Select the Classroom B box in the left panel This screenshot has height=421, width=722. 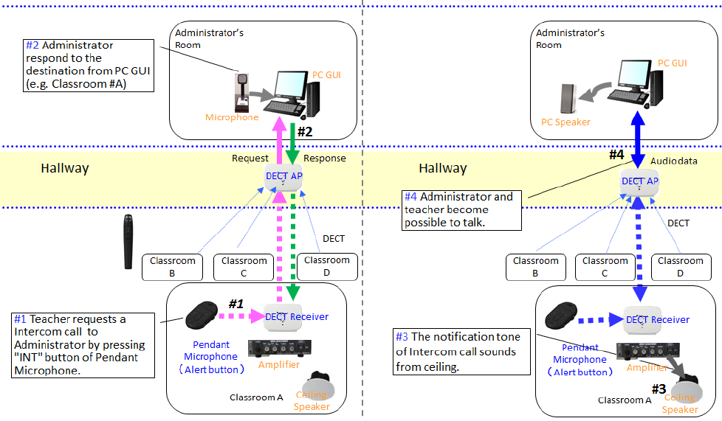tap(172, 266)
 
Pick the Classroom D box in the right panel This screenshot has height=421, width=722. tap(680, 266)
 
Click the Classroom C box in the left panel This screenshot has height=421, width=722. tap(244, 266)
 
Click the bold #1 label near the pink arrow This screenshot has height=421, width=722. tap(235, 304)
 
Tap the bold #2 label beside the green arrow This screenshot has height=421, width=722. tap(306, 133)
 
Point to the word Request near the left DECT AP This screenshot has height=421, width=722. tap(250, 159)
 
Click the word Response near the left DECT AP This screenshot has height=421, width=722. tap(325, 159)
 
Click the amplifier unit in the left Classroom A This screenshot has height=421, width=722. tap(279, 347)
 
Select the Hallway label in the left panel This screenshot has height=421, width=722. tap(64, 168)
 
